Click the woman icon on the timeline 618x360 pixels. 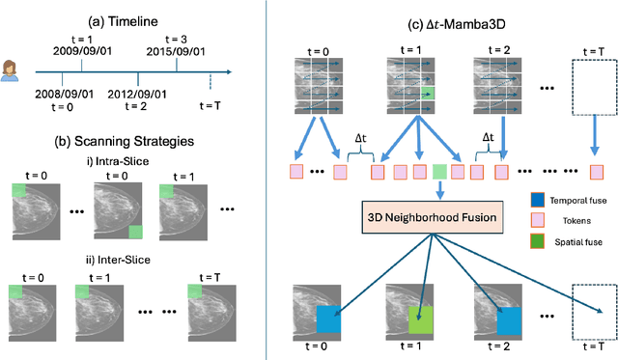pyautogui.click(x=16, y=70)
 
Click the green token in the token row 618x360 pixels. pyautogui.click(x=439, y=172)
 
